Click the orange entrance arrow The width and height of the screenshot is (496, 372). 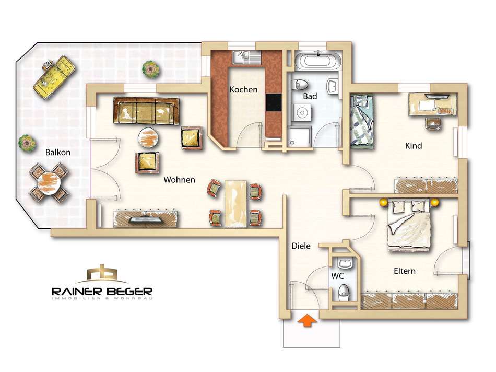click(x=306, y=320)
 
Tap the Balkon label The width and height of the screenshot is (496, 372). click(x=58, y=152)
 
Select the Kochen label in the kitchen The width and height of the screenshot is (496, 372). click(x=244, y=89)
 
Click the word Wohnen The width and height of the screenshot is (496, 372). click(x=180, y=180)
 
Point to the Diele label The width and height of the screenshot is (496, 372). click(x=301, y=246)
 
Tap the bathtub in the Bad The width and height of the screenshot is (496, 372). click(x=318, y=60)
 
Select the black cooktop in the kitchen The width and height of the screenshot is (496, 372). click(x=274, y=102)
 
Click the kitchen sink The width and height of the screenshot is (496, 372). click(x=247, y=56)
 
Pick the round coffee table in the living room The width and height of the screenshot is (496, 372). click(x=148, y=137)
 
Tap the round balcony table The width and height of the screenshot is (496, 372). click(x=49, y=183)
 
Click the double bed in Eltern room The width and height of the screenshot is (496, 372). click(x=409, y=225)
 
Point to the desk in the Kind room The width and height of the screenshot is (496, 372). click(x=433, y=104)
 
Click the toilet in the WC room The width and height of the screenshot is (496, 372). click(x=344, y=291)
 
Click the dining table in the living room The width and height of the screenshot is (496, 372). click(x=235, y=204)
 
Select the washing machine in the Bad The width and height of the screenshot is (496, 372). click(x=301, y=113)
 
